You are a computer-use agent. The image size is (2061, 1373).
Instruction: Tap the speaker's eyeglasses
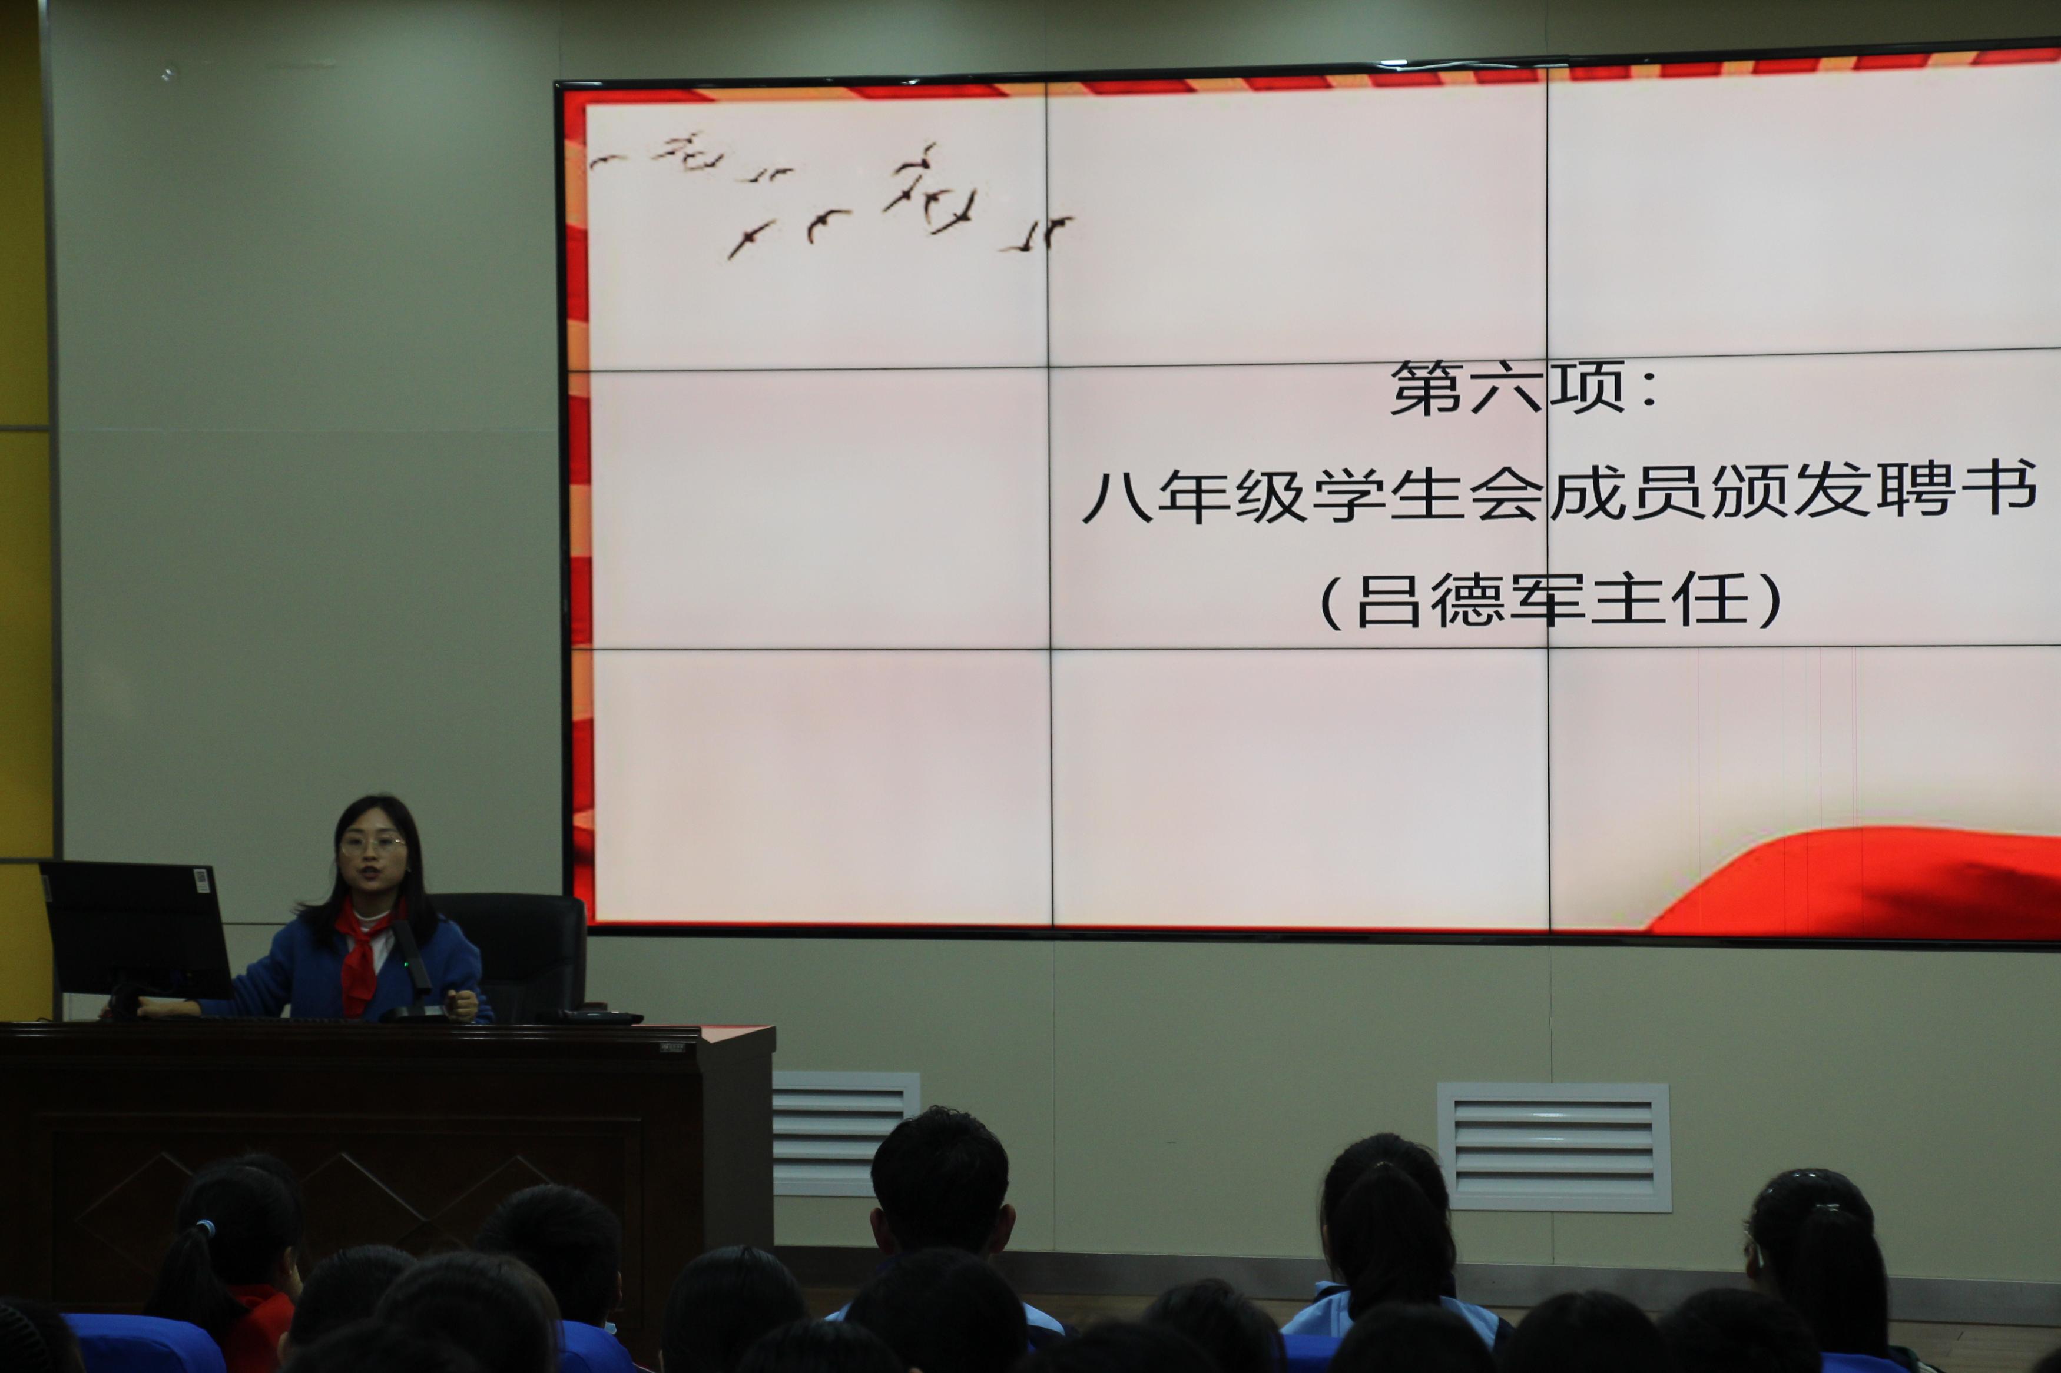point(372,843)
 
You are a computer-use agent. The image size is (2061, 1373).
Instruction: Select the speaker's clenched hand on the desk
point(462,1005)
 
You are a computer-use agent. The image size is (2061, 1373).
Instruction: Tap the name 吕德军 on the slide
point(1470,601)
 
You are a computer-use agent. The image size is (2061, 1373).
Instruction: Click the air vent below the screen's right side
point(1554,1147)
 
